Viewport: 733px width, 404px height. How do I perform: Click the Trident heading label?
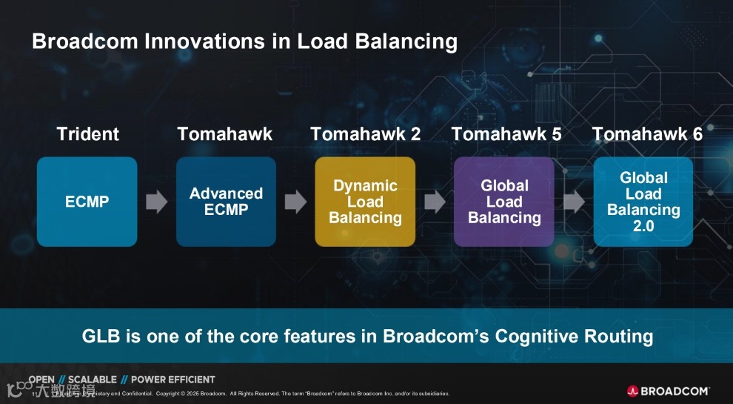(87, 134)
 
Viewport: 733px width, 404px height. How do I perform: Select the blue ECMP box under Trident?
(87, 202)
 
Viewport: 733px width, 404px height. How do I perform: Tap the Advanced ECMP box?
(226, 202)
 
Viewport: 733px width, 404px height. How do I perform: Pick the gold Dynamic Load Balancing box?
(365, 202)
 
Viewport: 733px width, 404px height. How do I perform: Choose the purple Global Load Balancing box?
(504, 202)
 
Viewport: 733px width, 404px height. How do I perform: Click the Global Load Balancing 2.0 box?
(643, 202)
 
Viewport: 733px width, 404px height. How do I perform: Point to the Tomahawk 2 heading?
(366, 134)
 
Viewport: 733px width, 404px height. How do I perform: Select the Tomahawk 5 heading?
(506, 134)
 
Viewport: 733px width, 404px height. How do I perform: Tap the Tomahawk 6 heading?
(647, 134)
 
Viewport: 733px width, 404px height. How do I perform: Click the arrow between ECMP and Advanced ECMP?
(156, 202)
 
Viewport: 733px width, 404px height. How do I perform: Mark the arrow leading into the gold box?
(295, 202)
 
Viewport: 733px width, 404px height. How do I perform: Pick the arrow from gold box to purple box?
(435, 202)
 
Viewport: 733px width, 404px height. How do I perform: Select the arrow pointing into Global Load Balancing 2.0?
(574, 202)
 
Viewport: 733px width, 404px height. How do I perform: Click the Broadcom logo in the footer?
(668, 391)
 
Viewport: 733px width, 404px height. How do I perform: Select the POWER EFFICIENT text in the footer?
(173, 380)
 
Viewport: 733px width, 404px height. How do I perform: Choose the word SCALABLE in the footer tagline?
(93, 380)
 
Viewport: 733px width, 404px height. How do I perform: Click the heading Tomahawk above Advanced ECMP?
(225, 134)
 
